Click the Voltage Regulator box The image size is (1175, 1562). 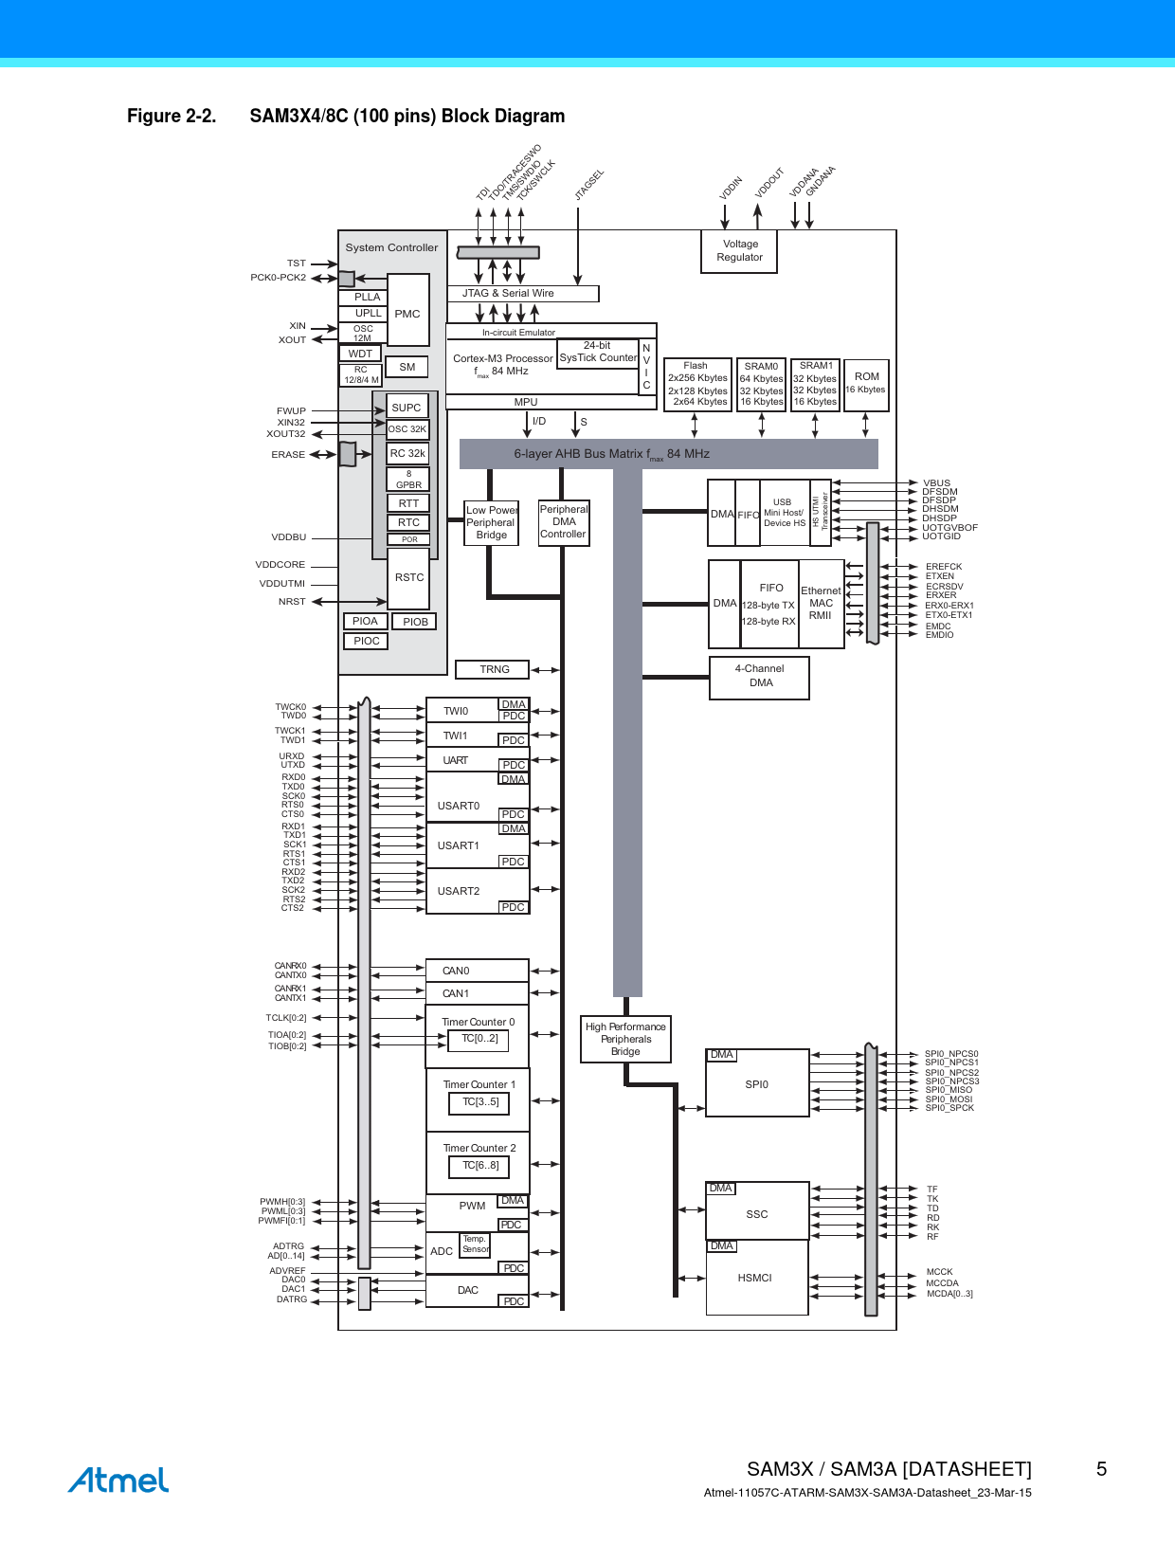point(738,251)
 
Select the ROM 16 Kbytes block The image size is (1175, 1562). point(866,385)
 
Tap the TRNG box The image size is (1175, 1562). point(492,670)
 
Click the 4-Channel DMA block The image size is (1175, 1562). point(759,678)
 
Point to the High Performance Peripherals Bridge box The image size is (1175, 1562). point(625,1039)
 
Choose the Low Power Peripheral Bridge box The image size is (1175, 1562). point(491,523)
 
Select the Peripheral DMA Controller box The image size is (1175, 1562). point(563,522)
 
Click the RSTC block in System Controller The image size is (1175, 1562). point(408,578)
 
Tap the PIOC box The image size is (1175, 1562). point(366,641)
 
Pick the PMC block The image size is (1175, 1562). point(407,310)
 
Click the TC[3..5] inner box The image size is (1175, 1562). point(479,1103)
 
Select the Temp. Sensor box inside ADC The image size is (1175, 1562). point(475,1244)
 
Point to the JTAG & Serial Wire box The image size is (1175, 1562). point(523,293)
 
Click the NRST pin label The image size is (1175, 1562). point(292,601)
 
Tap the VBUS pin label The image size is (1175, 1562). point(936,483)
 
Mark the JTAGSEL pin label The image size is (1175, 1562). point(589,185)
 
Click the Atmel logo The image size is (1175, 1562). point(118,1480)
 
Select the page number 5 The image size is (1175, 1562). point(1101,1469)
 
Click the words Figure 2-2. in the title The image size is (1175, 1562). point(172,116)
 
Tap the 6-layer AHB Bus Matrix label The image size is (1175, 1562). point(612,454)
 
